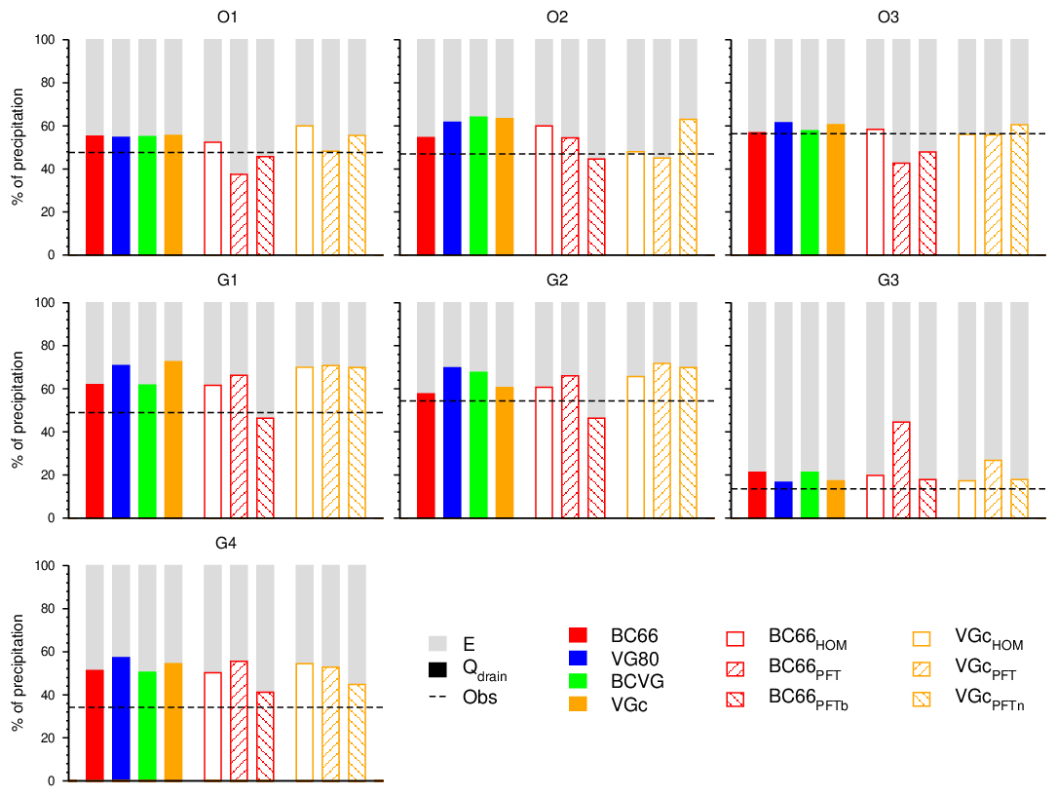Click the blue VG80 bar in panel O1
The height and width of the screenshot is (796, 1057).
pyautogui.click(x=121, y=195)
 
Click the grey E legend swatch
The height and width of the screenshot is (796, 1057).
pyautogui.click(x=437, y=644)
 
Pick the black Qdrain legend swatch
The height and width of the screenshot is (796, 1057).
pyautogui.click(x=437, y=669)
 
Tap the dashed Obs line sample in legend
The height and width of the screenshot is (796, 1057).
pyautogui.click(x=437, y=698)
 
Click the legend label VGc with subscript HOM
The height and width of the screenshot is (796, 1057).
pyautogui.click(x=989, y=638)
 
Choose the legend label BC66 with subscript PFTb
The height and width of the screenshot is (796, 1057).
pyautogui.click(x=808, y=698)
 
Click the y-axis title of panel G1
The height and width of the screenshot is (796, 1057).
pyautogui.click(x=17, y=410)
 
